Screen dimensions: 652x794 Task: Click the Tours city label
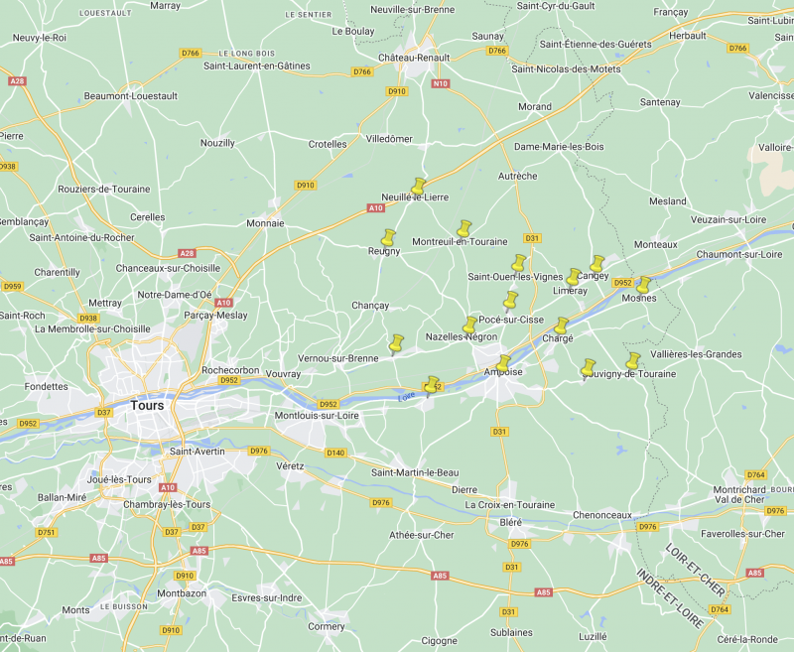[x=147, y=405]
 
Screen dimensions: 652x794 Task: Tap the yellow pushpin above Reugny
[x=388, y=238]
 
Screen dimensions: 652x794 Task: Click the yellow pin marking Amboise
[x=503, y=363]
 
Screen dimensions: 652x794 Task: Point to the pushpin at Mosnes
[x=642, y=285]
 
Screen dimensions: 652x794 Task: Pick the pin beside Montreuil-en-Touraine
[x=463, y=228]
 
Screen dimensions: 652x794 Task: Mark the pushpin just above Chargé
[x=562, y=326]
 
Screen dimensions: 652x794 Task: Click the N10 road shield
[x=442, y=83]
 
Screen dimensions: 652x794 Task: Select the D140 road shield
[x=336, y=453]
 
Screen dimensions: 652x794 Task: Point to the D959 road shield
[x=12, y=287]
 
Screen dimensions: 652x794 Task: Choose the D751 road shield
[x=46, y=533]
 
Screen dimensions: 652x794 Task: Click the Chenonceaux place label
[x=600, y=515]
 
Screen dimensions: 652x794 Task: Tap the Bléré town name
[x=511, y=522]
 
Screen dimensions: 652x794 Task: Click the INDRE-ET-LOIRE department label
[x=670, y=599]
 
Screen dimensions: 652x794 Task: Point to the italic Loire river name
[x=406, y=397]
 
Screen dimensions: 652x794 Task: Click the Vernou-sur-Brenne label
[x=338, y=358]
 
